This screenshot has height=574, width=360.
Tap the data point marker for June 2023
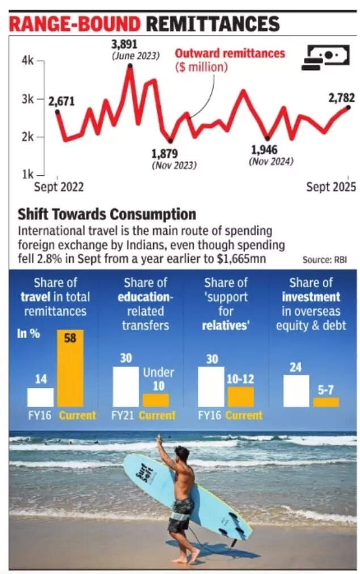pos(130,66)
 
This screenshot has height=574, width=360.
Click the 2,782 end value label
pos(341,98)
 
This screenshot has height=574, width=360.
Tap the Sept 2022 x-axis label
pos(59,187)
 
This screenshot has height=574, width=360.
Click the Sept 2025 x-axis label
pos(331,187)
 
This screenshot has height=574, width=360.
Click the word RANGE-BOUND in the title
pos(74,24)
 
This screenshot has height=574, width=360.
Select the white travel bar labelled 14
pos(40,397)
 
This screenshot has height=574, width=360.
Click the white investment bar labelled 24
pos(296,391)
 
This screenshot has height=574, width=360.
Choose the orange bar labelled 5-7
pos(326,402)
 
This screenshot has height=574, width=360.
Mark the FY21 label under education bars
pos(123,415)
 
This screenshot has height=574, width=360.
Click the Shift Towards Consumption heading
pos(107,214)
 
